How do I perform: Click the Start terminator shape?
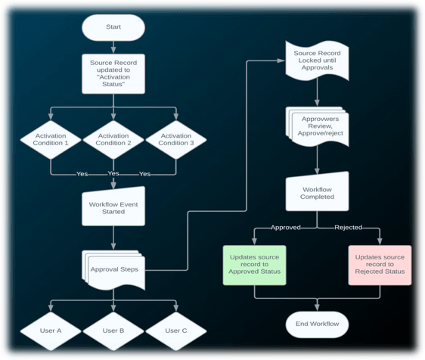coord(113,27)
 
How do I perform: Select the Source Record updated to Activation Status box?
coord(113,73)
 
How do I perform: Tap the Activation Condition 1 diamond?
coord(51,140)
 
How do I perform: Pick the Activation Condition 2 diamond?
coord(113,140)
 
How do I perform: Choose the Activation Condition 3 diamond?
coord(176,140)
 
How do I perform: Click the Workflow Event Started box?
coord(113,206)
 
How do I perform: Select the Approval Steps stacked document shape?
coord(113,270)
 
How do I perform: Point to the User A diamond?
coord(51,331)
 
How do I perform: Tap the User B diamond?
coord(113,331)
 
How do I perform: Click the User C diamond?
coord(176,331)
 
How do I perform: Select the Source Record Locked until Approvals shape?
coord(317,61)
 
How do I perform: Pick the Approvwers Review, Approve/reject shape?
coord(317,126)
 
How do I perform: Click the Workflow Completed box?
coord(317,191)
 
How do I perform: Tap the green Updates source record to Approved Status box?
coord(254,265)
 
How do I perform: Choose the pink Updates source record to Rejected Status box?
coord(380,265)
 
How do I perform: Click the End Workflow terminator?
coord(317,324)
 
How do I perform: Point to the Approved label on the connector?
coord(286,228)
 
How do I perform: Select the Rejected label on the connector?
coord(349,228)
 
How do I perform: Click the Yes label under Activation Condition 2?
coord(113,173)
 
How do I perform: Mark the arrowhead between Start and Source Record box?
coord(113,50)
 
